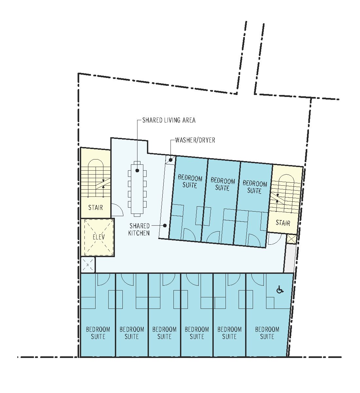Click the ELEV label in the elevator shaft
click(99, 237)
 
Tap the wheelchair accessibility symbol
click(280, 290)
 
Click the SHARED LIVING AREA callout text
click(169, 120)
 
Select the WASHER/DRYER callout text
click(195, 140)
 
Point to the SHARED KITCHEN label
click(139, 229)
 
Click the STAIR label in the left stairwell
click(96, 207)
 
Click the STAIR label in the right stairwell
click(283, 223)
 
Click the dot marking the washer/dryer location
click(171, 160)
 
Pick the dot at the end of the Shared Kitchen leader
click(165, 226)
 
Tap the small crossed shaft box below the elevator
click(88, 265)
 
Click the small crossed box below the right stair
click(291, 239)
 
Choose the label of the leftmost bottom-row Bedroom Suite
click(98, 333)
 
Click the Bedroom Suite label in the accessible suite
click(267, 333)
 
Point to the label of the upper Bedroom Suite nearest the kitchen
click(190, 182)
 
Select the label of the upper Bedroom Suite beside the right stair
click(255, 187)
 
